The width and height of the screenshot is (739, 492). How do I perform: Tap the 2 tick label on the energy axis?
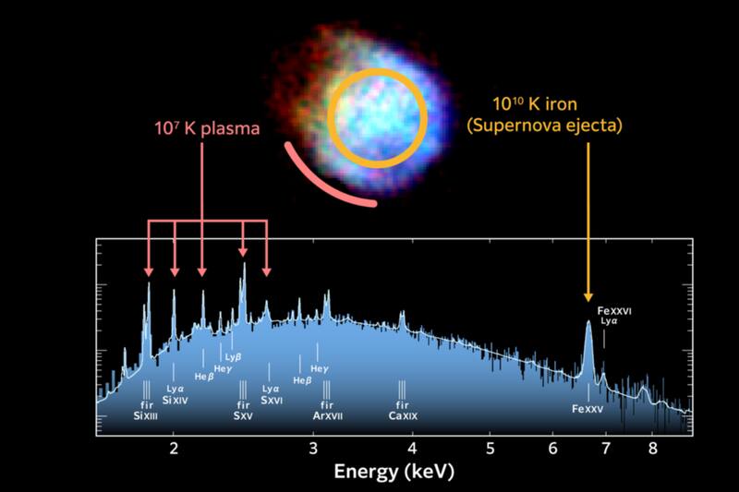point(175,449)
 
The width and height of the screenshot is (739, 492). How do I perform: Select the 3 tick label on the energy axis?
point(315,449)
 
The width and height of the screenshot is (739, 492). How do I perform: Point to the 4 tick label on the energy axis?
point(413,449)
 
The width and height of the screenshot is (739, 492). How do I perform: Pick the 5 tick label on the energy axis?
point(491,449)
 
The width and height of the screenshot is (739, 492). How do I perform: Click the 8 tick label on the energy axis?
point(652,449)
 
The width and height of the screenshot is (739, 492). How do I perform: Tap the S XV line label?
point(244,416)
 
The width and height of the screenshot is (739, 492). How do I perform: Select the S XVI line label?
point(271,400)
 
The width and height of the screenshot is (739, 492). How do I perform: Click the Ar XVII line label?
point(326,416)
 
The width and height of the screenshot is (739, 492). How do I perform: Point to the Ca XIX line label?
point(402,416)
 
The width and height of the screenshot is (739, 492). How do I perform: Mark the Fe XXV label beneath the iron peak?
point(588,409)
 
